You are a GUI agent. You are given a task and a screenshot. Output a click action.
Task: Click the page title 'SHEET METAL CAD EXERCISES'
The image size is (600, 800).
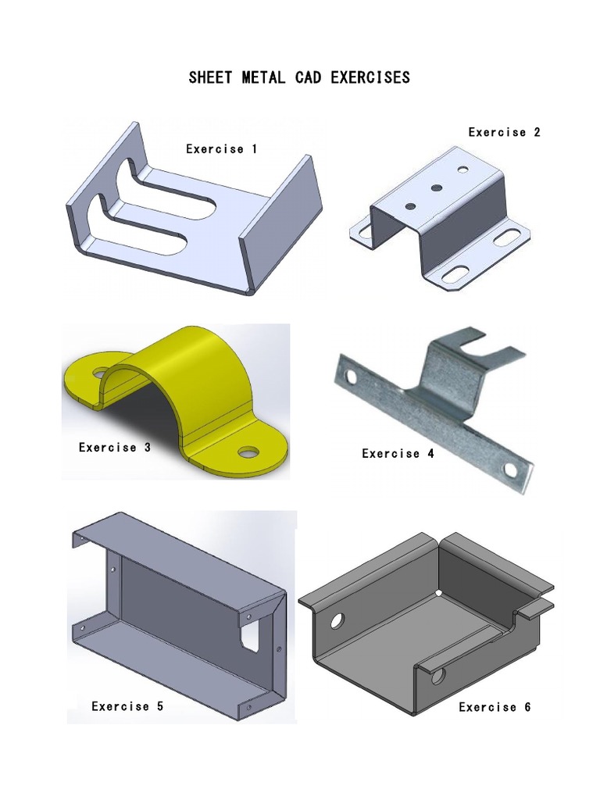(x=299, y=78)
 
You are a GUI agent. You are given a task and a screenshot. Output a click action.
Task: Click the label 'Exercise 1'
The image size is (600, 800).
(x=221, y=148)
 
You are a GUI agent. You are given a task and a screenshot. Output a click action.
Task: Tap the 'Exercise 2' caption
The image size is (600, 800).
(x=504, y=132)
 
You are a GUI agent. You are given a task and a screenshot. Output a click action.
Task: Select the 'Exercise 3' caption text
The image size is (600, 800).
(x=114, y=448)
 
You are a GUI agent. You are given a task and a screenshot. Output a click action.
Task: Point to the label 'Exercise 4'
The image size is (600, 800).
(x=398, y=453)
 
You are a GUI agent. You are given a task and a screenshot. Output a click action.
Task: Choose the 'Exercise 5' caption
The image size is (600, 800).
(x=127, y=706)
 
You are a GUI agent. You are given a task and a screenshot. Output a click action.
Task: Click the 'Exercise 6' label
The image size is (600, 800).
(x=495, y=707)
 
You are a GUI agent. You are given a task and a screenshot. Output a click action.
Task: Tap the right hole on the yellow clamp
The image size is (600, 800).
(x=249, y=452)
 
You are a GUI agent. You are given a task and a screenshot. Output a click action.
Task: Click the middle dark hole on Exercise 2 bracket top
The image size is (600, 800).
(x=436, y=187)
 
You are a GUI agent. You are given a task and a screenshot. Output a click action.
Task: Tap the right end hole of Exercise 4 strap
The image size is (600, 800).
(x=510, y=470)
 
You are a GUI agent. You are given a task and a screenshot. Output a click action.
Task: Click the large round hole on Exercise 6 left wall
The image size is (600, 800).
(x=337, y=621)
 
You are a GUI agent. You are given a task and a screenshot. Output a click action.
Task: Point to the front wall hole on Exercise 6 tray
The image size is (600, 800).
(x=439, y=674)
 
